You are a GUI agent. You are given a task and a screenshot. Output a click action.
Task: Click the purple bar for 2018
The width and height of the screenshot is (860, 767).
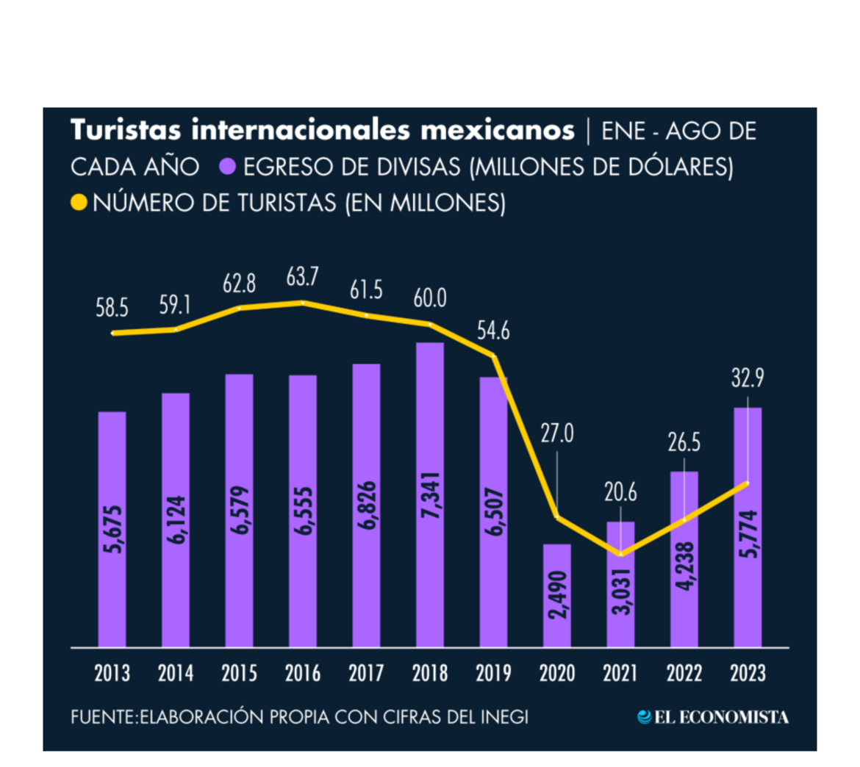(429, 494)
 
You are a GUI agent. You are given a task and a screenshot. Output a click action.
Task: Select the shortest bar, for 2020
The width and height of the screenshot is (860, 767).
(556, 595)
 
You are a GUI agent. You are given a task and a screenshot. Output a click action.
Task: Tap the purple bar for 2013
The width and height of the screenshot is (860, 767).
(112, 529)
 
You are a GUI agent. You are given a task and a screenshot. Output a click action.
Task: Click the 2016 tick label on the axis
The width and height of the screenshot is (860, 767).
(302, 672)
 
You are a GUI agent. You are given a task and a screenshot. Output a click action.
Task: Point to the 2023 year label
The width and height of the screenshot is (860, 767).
(748, 672)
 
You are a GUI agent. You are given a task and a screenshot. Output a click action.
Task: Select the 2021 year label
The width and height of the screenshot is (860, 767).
(620, 672)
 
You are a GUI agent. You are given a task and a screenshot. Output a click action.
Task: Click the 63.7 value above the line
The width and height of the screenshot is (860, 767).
(302, 278)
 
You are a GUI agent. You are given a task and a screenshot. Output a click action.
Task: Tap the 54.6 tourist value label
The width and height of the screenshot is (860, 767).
(492, 331)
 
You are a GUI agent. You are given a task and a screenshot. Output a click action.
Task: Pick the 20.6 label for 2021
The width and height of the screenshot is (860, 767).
(620, 493)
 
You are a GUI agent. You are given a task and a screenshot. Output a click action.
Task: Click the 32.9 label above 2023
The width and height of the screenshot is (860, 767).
(748, 379)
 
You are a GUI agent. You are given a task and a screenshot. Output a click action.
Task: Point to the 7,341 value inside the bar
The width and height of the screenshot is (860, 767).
(431, 507)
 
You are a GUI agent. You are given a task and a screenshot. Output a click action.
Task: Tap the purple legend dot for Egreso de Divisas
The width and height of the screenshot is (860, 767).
(228, 168)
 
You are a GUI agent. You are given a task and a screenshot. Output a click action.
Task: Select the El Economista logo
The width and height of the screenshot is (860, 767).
(712, 716)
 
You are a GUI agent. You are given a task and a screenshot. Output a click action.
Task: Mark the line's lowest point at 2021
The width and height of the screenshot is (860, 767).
(620, 554)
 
